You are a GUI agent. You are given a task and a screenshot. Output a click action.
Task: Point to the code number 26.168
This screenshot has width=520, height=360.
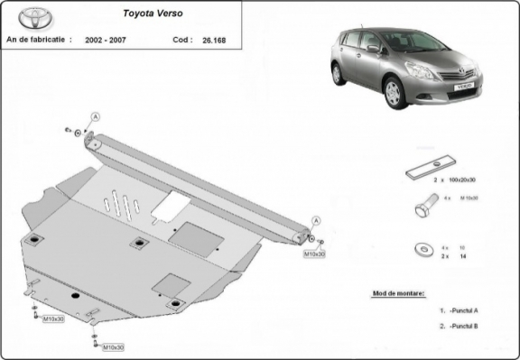click(x=214, y=41)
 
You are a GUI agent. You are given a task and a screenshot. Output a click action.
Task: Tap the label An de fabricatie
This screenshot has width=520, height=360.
click(x=38, y=41)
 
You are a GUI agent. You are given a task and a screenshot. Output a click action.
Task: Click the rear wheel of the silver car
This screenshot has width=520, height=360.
click(x=339, y=74)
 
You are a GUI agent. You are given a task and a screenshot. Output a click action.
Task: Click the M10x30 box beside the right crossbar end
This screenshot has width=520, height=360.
click(x=314, y=254)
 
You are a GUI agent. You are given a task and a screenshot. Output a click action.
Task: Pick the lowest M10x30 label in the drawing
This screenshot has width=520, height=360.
click(x=112, y=347)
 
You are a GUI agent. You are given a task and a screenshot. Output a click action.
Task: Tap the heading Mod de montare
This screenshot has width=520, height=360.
click(x=398, y=293)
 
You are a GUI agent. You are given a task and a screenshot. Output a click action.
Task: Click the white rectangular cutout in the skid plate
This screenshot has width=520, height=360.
click(x=172, y=205)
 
